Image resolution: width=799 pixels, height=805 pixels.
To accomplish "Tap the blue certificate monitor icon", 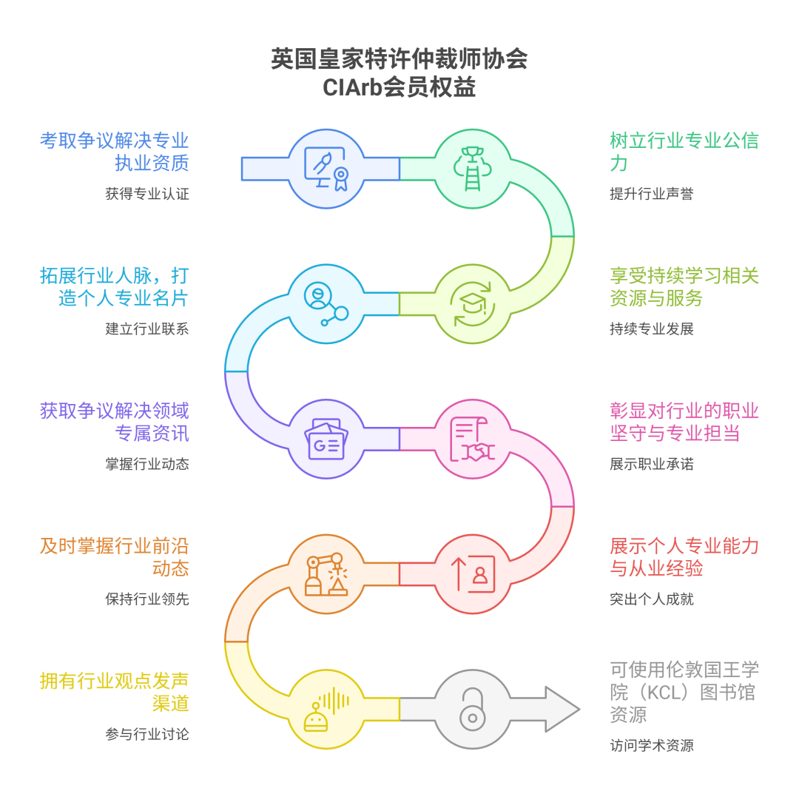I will (x=326, y=169).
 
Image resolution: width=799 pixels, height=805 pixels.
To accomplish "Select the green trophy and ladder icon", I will (x=472, y=169).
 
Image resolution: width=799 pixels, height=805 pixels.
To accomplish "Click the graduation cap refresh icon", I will (x=472, y=303).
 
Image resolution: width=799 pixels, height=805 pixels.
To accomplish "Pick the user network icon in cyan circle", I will (x=326, y=303).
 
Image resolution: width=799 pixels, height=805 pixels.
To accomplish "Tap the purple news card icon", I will (x=326, y=439).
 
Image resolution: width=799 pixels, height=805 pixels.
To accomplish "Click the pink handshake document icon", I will (x=472, y=439).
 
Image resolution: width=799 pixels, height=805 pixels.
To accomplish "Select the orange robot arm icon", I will (x=326, y=574).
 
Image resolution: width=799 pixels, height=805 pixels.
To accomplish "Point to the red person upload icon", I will (x=472, y=574).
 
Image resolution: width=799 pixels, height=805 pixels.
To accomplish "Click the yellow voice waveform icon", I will (x=326, y=709).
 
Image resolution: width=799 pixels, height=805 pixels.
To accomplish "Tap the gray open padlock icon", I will (x=472, y=709).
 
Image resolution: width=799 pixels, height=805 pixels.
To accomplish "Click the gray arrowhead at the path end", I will (x=562, y=709).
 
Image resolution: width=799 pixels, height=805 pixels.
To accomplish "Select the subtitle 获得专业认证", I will (x=147, y=194).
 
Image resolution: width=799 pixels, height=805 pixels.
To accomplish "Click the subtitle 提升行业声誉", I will (x=652, y=194).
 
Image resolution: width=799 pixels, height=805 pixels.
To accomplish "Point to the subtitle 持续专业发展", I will (x=652, y=329).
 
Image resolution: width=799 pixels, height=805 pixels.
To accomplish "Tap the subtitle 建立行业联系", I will (x=147, y=329).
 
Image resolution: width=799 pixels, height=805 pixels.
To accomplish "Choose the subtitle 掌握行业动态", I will (x=147, y=464).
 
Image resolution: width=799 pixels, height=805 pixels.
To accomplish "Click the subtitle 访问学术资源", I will (x=652, y=745).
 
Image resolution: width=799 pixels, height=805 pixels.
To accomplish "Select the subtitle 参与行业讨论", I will (x=147, y=734).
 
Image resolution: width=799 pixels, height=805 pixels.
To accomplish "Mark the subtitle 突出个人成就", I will (x=652, y=599).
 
